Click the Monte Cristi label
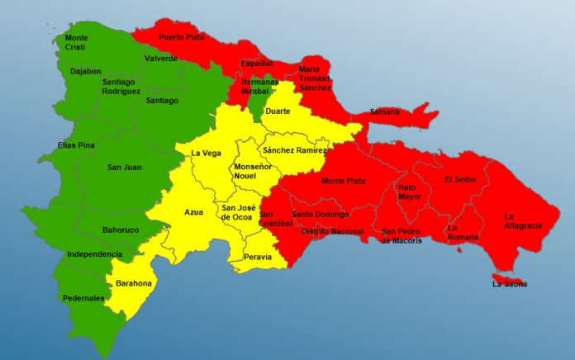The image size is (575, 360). [x=77, y=43]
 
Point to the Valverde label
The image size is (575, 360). [x=161, y=59]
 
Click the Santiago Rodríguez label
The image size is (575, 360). [x=121, y=87]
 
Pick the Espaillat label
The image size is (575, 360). [x=257, y=64]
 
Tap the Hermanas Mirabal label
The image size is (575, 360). [x=260, y=88]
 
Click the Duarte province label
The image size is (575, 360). [x=278, y=111]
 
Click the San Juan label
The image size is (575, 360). [x=124, y=168]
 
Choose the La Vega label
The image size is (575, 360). [x=206, y=153]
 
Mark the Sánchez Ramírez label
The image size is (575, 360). [x=294, y=150]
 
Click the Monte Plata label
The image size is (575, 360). [x=344, y=181]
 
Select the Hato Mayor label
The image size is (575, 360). [x=408, y=192]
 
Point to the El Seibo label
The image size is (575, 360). [x=459, y=179]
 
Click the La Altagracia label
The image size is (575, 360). [x=522, y=221]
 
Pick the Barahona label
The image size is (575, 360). [x=134, y=283]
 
